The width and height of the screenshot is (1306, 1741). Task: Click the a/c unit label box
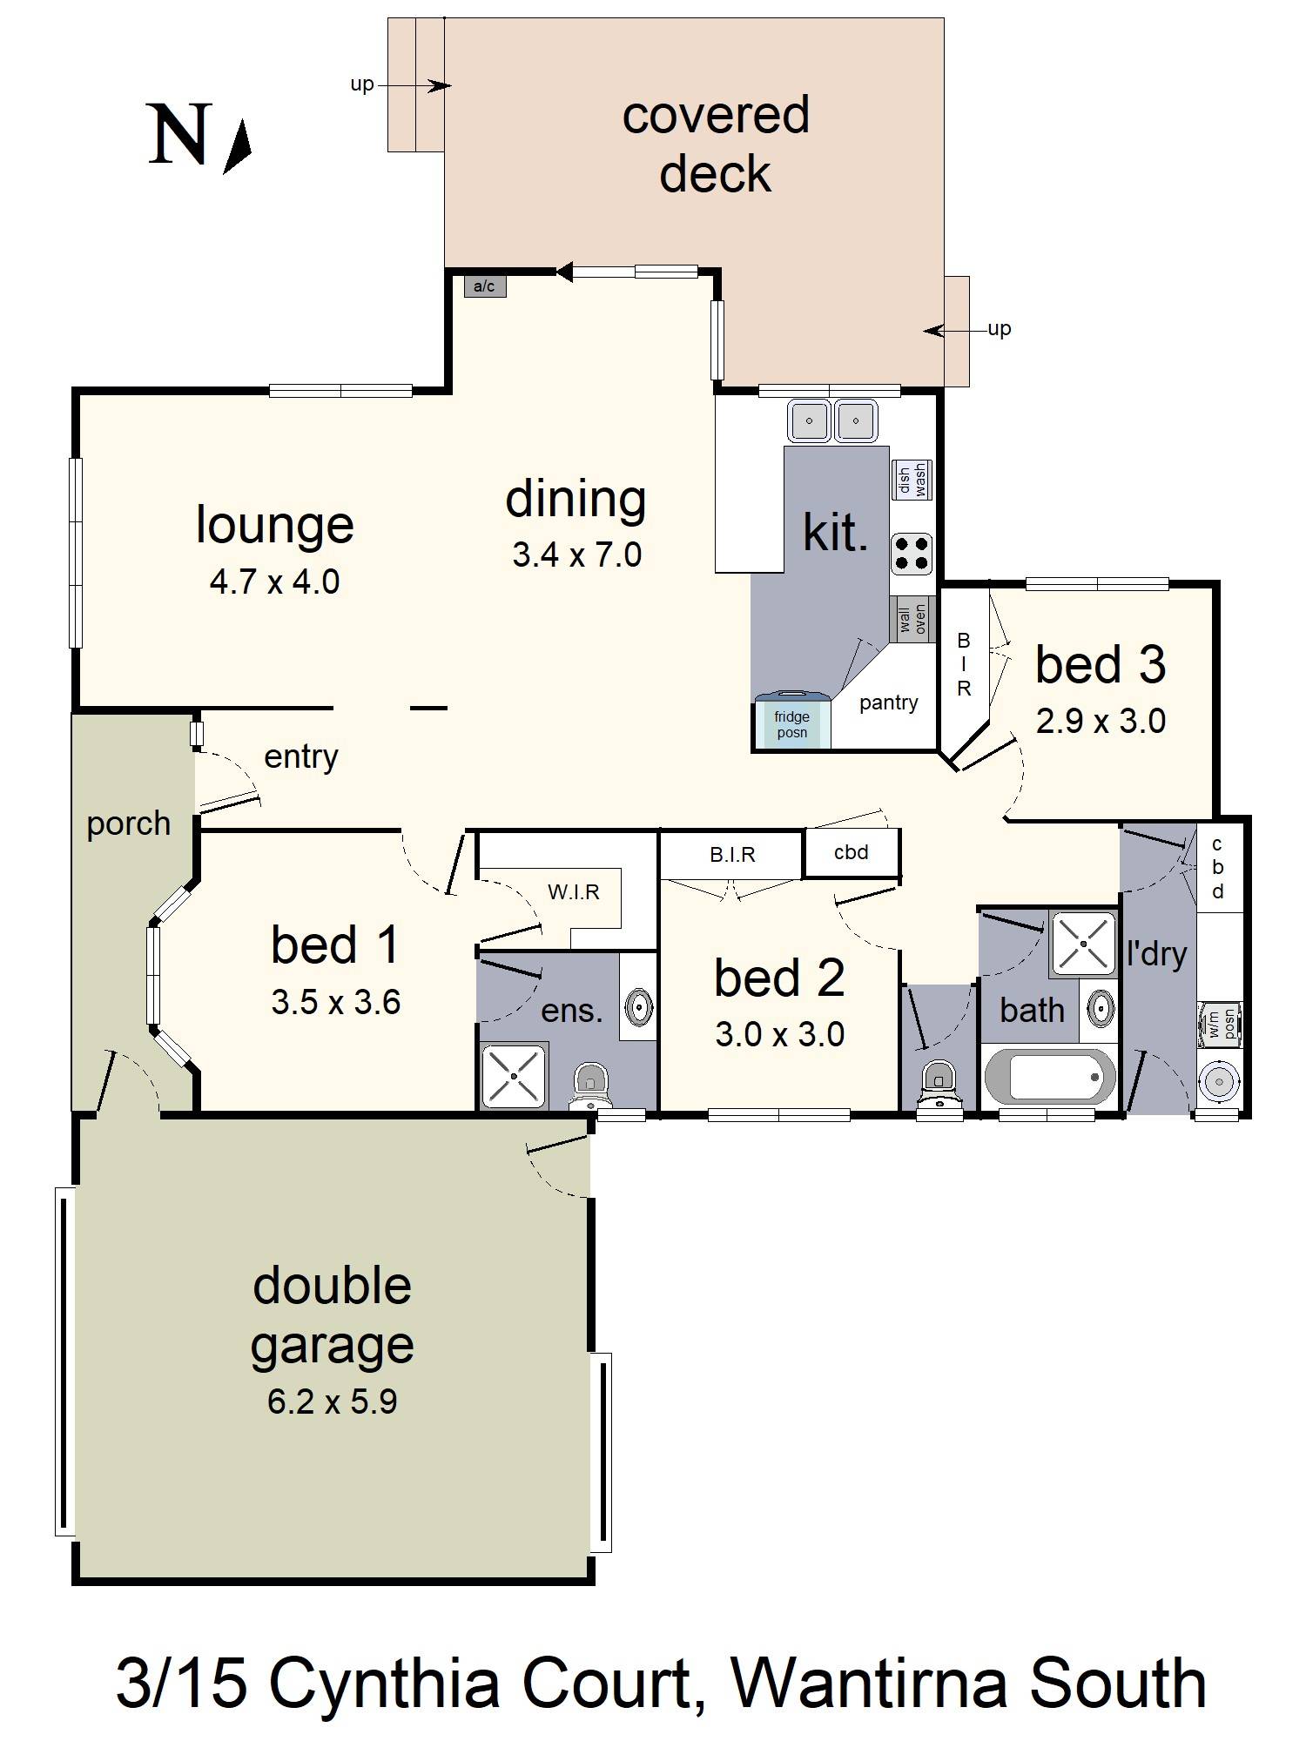click(484, 286)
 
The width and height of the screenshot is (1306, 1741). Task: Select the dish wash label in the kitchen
click(912, 480)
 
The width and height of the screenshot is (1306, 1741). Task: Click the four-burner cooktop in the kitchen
click(912, 553)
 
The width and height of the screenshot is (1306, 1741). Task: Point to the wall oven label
click(912, 619)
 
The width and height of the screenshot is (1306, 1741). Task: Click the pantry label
click(888, 702)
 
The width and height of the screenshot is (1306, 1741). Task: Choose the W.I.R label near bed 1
click(573, 891)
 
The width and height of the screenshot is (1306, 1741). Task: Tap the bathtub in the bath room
click(1049, 1077)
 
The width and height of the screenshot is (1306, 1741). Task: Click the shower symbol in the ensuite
click(514, 1077)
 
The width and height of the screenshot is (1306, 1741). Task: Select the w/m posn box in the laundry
click(1220, 1023)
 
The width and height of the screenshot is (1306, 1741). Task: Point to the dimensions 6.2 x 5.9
click(332, 1402)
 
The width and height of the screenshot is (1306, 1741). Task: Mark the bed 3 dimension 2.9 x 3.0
click(1101, 721)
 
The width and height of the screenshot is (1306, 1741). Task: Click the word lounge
click(274, 525)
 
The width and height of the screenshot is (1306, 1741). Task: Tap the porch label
click(129, 823)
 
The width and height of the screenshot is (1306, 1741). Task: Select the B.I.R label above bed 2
click(732, 855)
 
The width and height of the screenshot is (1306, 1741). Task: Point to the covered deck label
click(716, 144)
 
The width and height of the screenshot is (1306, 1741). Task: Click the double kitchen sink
click(833, 421)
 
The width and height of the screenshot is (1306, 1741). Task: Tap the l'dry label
click(1156, 954)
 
